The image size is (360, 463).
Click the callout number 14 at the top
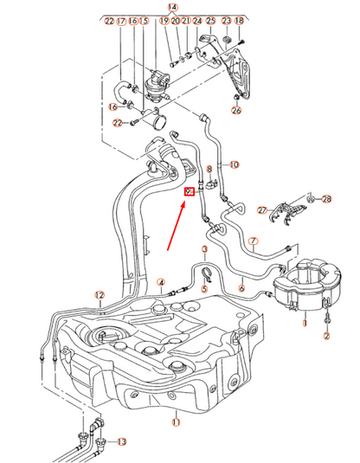click(x=173, y=7)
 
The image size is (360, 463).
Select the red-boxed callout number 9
click(x=190, y=192)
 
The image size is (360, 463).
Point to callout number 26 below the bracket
click(x=237, y=110)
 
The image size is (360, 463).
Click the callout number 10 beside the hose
click(x=234, y=164)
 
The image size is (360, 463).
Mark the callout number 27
click(x=261, y=209)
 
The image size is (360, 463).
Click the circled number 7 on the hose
click(x=254, y=241)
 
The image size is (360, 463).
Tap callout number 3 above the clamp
click(x=204, y=248)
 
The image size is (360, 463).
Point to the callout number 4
click(x=161, y=281)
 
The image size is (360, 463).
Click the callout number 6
click(x=242, y=287)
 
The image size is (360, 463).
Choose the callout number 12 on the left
click(x=100, y=295)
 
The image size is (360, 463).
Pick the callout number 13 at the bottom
click(x=121, y=441)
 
